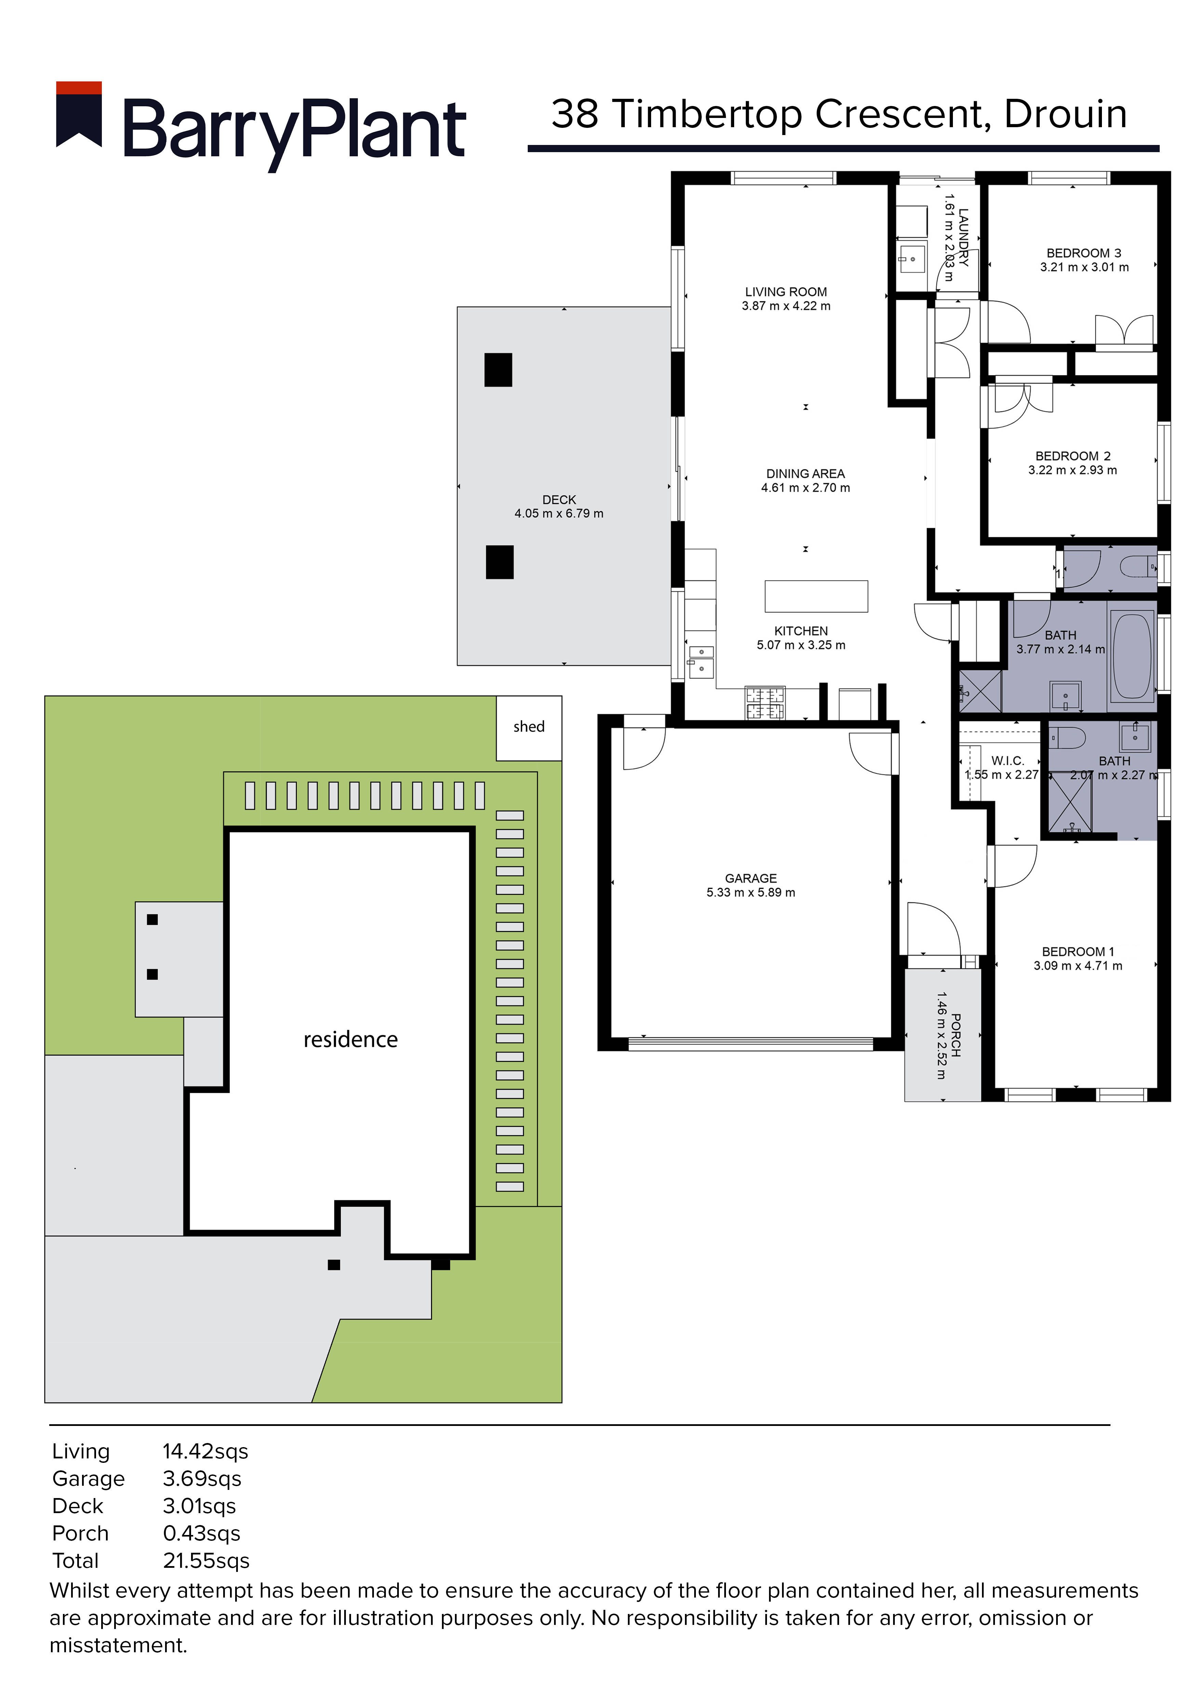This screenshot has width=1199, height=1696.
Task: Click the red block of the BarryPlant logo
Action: [79, 88]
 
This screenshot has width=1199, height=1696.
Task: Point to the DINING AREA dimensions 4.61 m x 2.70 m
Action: [806, 488]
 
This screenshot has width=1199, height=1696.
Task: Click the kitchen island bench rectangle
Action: [816, 596]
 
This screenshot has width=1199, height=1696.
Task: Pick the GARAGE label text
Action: [751, 878]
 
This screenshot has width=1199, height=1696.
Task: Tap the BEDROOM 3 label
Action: [1084, 253]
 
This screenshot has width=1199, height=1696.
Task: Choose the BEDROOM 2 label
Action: [1073, 456]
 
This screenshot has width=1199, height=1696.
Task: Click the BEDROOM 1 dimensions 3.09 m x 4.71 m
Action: [1078, 965]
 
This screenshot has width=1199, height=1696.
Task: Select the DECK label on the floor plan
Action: [559, 500]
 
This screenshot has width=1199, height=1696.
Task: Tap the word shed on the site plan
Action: [529, 727]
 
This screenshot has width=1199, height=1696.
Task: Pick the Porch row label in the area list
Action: [80, 1534]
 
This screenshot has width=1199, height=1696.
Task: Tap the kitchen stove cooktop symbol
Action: [764, 704]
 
